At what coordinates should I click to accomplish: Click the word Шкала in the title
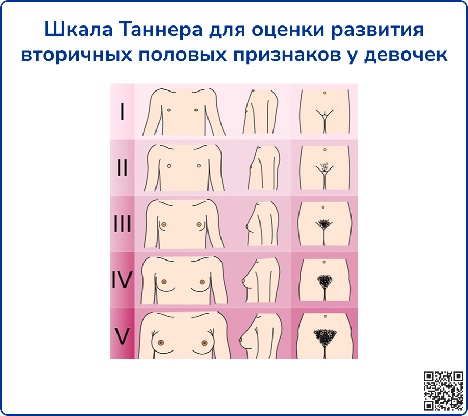[x=77, y=30]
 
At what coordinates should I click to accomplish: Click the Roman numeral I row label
[x=122, y=112]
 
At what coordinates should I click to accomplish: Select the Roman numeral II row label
[x=122, y=168]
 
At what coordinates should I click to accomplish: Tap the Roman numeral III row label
[x=122, y=225]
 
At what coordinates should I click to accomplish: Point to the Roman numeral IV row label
[x=122, y=281]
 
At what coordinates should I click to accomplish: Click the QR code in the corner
[x=444, y=391]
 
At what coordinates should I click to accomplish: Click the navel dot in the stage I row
[x=324, y=93]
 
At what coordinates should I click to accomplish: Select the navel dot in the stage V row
[x=324, y=316]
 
